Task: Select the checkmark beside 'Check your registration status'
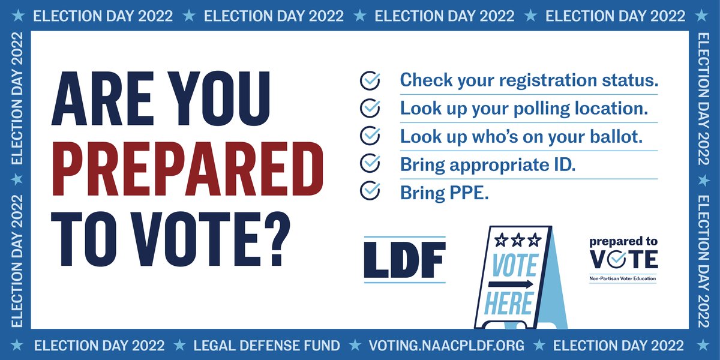(x=370, y=80)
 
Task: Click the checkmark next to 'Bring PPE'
(x=370, y=191)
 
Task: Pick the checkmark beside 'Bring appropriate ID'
(x=370, y=163)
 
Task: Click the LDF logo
(x=405, y=260)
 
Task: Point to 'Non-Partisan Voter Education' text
(x=622, y=278)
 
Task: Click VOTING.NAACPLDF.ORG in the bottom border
(x=446, y=346)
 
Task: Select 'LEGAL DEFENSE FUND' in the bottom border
(x=266, y=346)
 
